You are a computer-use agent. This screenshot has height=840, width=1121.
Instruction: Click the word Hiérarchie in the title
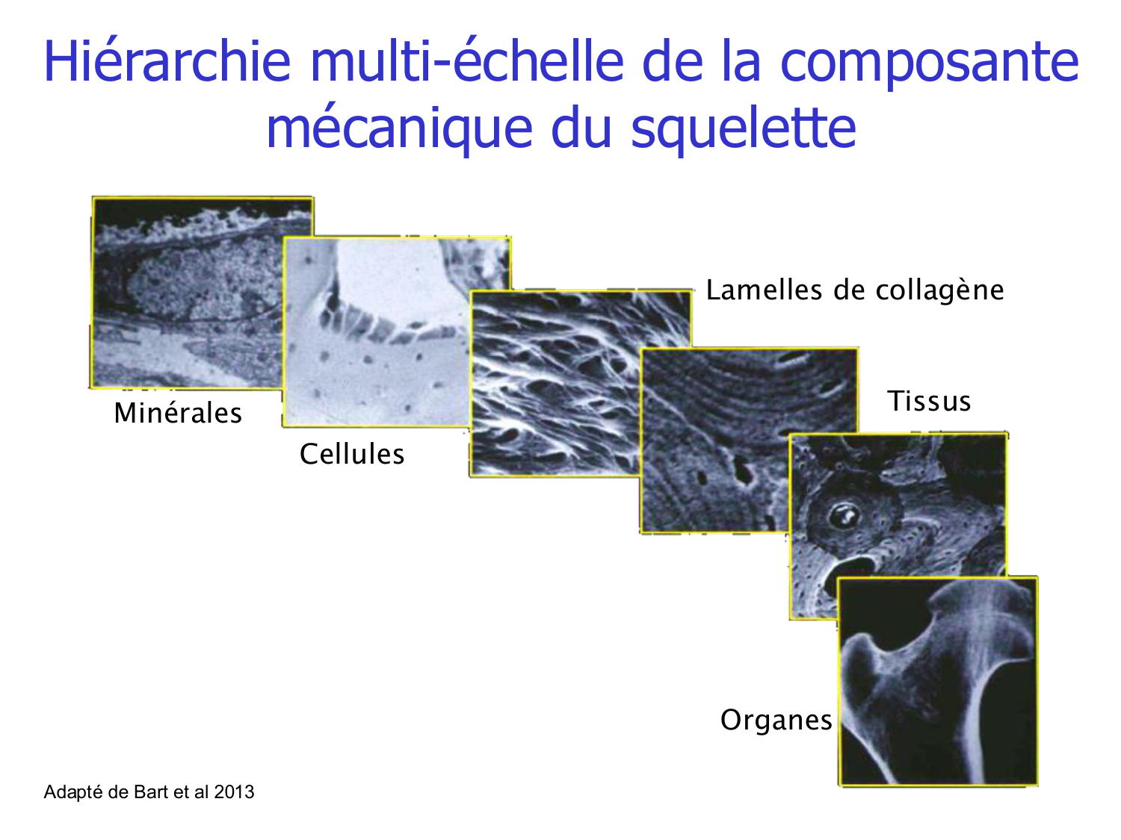[x=167, y=61]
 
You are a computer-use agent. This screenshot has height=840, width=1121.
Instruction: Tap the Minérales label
[x=178, y=413]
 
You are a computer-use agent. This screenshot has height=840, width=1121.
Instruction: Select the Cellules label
[x=352, y=454]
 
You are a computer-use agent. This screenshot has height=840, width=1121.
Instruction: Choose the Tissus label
[x=929, y=402]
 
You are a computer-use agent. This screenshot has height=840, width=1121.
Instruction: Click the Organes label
[x=776, y=721]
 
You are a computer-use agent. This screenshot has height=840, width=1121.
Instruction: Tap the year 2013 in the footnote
[x=234, y=792]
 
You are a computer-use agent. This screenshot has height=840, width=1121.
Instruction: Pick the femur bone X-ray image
[x=938, y=681]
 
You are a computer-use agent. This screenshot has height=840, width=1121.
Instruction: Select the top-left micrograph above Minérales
[x=187, y=291]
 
